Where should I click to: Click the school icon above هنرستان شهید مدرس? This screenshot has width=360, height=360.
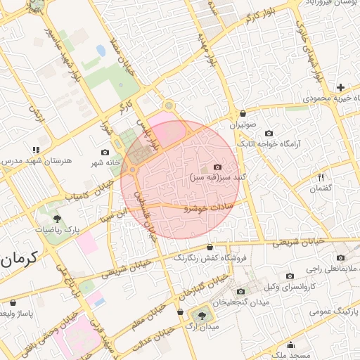coord(36,150)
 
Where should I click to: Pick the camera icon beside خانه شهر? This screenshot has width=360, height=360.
coord(105,153)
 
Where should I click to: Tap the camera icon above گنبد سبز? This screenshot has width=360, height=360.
coord(217,167)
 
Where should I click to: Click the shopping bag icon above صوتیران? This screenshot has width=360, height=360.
coord(243,113)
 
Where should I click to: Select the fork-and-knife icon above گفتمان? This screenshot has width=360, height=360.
coord(321,177)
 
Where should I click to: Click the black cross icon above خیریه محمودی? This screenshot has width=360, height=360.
coord(340,88)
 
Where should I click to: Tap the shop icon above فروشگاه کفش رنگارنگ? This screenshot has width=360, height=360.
coord(210,247)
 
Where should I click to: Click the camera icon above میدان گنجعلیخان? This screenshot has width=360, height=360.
coord(241,291)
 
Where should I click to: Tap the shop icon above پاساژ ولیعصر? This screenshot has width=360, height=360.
coord(13,302)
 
